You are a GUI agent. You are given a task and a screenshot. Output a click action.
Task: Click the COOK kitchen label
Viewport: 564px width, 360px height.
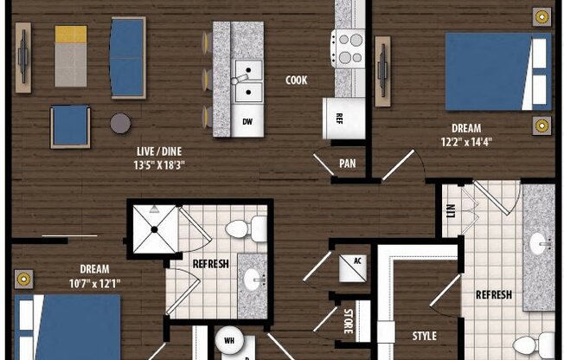(x=297, y=80)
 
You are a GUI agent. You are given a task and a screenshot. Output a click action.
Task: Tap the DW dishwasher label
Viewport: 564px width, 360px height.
(x=247, y=122)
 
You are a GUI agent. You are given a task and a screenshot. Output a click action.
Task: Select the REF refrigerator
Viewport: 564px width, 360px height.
(x=344, y=119)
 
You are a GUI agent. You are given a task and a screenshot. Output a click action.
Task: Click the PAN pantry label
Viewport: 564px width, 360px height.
(x=348, y=164)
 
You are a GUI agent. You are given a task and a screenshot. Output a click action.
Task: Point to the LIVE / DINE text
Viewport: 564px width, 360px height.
(x=159, y=151)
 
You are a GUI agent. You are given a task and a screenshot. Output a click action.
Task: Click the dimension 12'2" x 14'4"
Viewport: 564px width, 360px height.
(x=466, y=142)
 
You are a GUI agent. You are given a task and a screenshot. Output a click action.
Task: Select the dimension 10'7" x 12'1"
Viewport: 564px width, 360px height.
(x=94, y=284)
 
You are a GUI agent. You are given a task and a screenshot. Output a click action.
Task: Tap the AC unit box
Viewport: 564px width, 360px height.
(x=353, y=268)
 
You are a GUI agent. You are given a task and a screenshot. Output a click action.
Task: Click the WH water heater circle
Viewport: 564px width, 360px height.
(x=229, y=340)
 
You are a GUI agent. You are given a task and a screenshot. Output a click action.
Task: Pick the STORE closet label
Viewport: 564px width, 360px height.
(x=349, y=321)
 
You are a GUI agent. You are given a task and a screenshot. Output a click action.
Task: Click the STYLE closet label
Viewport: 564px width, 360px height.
(x=425, y=336)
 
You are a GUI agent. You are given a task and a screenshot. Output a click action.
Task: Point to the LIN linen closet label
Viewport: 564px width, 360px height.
(x=451, y=210)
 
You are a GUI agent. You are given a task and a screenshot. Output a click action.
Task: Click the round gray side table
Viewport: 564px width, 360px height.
(x=120, y=123)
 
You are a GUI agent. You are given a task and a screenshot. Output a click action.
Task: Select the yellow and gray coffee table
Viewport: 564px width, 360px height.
(x=71, y=55)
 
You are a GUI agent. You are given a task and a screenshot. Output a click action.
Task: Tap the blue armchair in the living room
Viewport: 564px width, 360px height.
(x=70, y=126)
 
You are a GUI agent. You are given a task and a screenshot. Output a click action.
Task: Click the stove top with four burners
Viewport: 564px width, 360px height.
(x=349, y=48)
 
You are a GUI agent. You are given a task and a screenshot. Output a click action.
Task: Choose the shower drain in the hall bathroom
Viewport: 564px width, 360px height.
(x=154, y=229)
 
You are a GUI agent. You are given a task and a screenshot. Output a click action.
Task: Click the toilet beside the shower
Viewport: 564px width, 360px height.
(x=246, y=229)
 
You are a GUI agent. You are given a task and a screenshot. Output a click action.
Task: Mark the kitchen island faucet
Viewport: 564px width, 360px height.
(x=240, y=80)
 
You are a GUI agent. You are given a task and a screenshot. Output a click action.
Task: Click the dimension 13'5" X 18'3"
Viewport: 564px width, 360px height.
(x=159, y=165)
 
